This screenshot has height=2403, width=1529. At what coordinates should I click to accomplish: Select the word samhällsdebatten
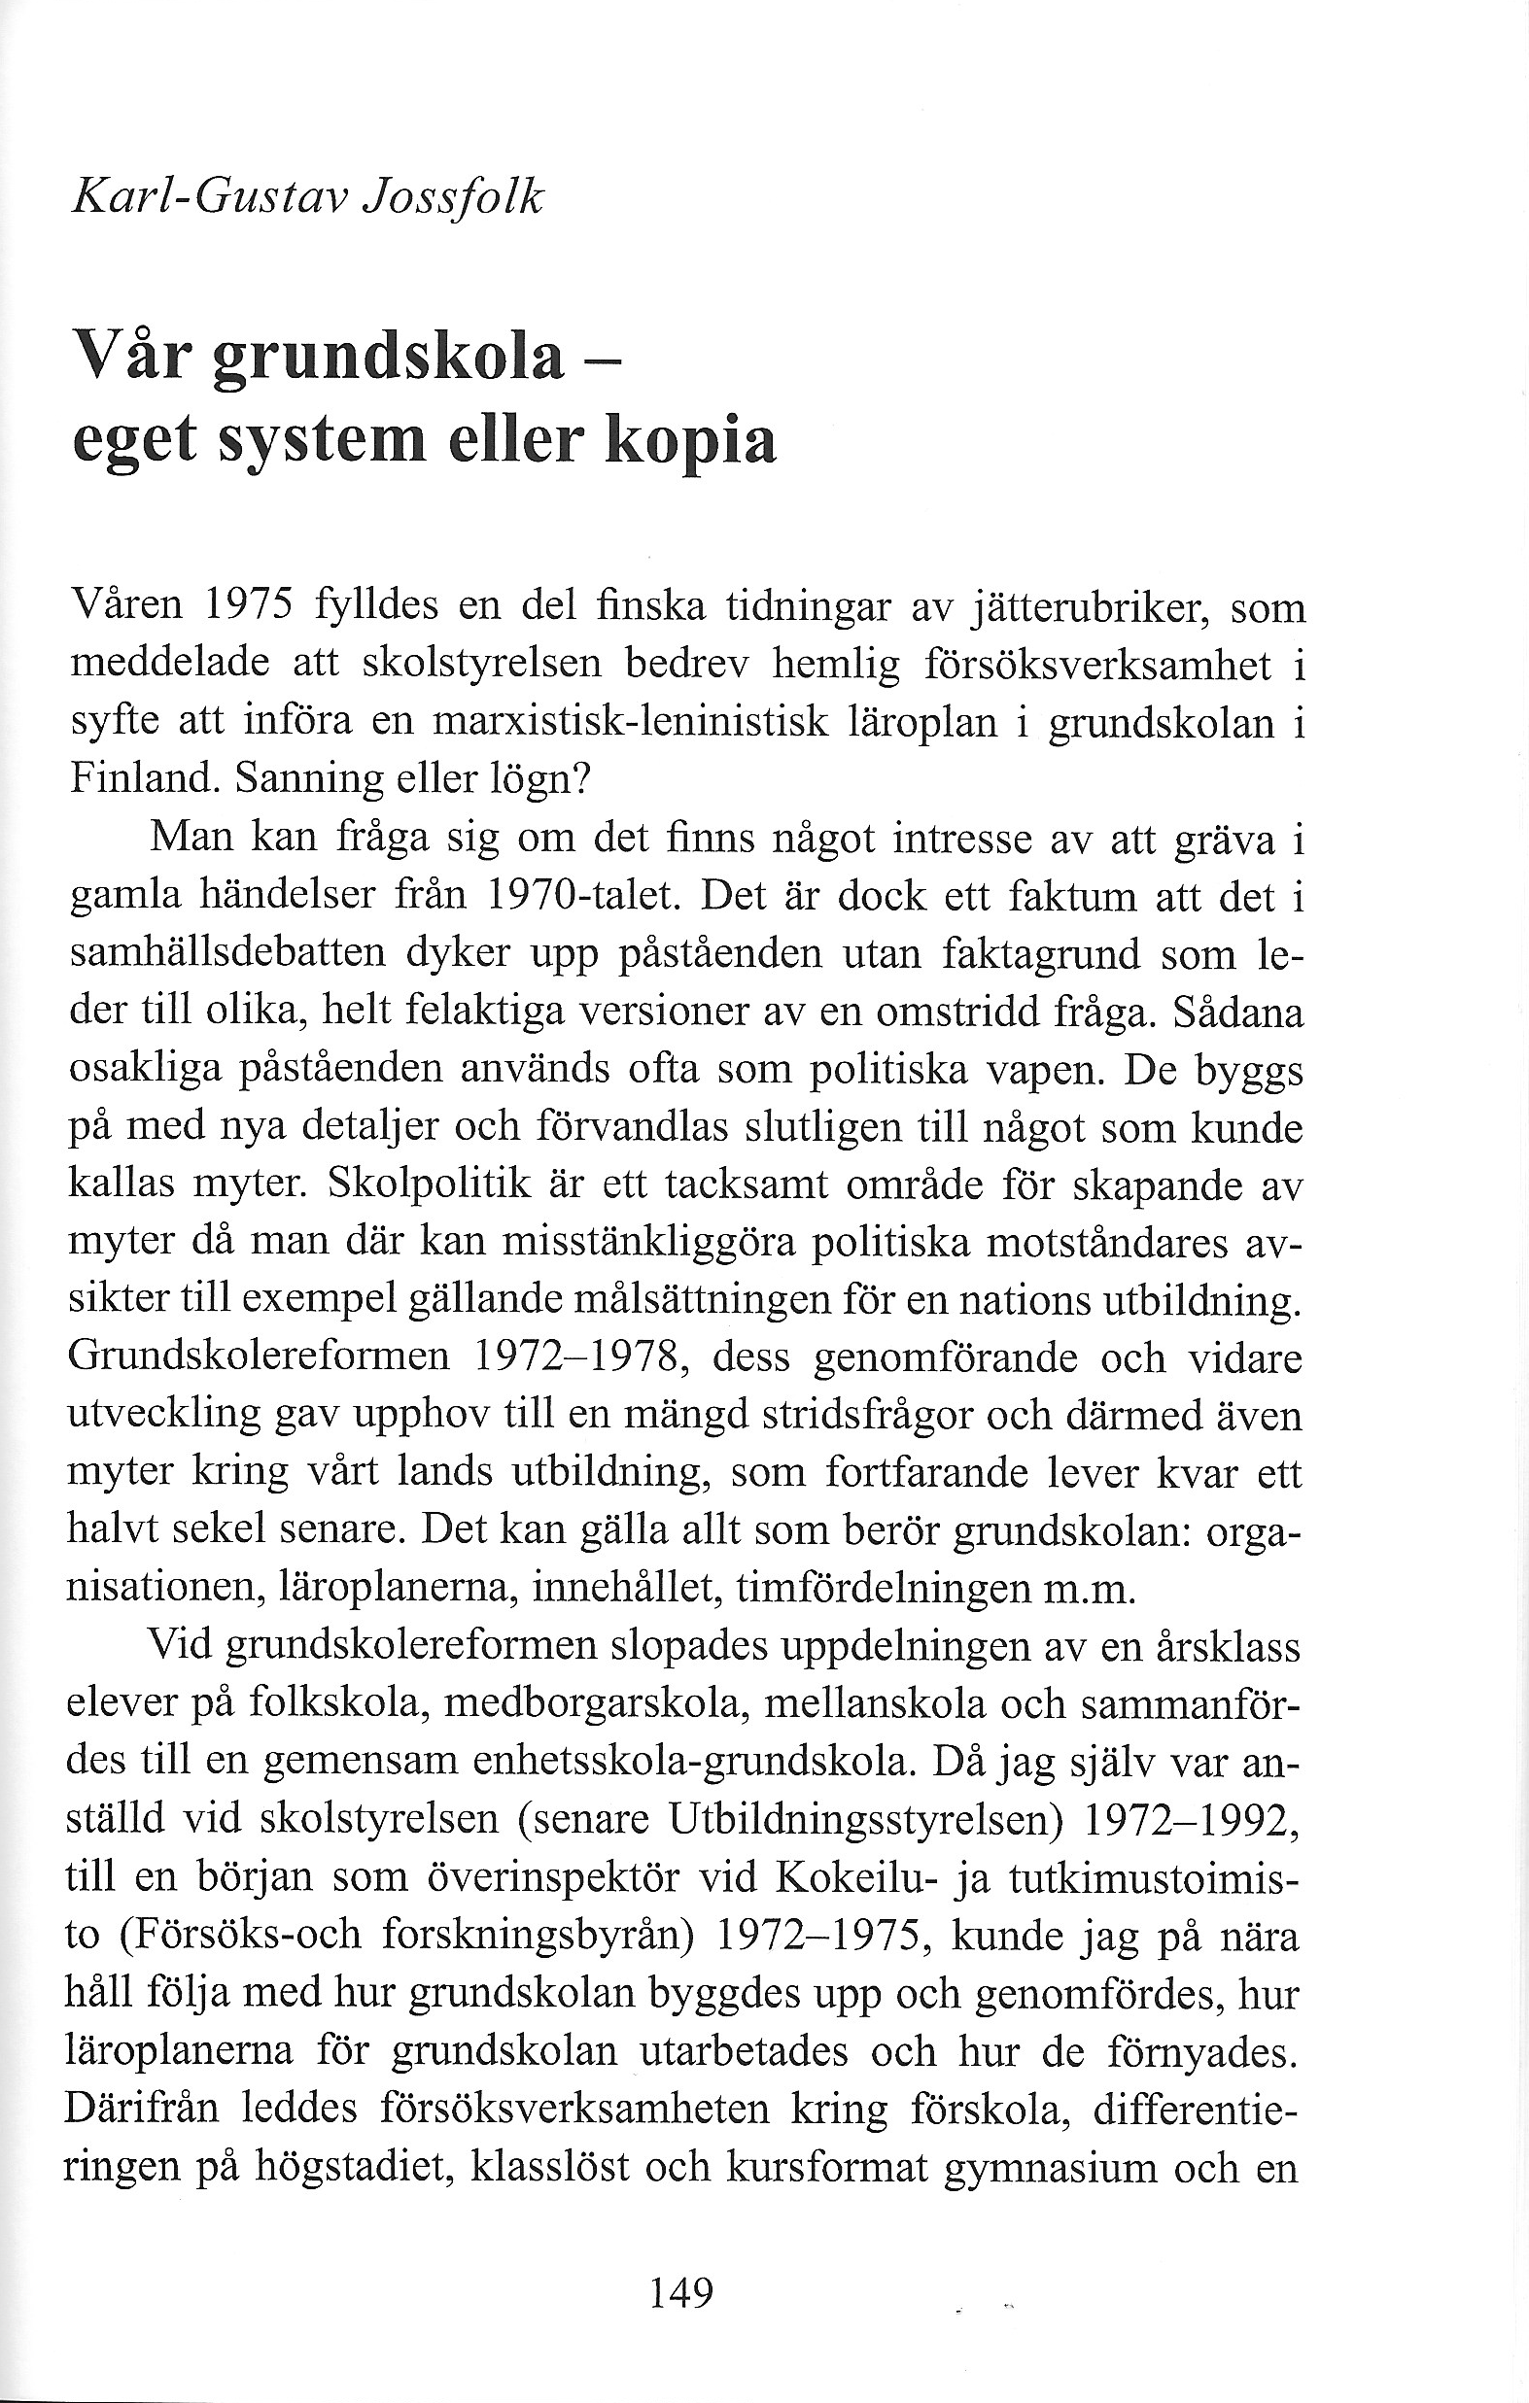click(228, 953)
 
